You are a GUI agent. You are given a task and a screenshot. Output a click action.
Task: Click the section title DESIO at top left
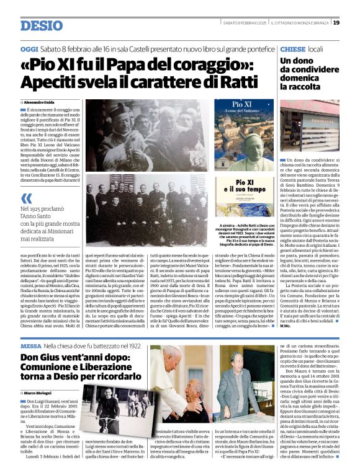click(42, 25)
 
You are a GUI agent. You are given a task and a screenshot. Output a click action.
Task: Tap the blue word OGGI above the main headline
click(29, 48)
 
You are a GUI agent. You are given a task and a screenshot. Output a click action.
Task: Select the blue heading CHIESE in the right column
click(292, 48)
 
